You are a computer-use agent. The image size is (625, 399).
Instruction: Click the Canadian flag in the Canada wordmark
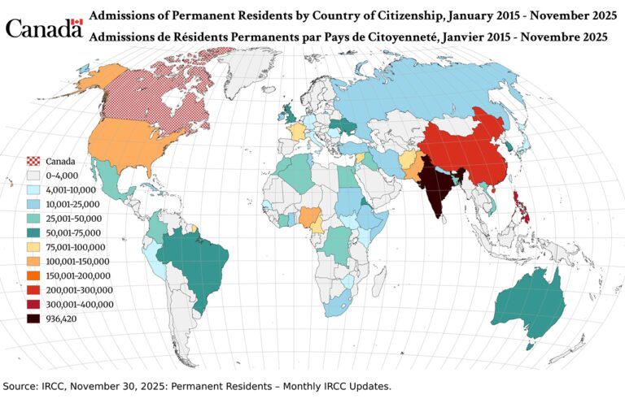[x=77, y=23]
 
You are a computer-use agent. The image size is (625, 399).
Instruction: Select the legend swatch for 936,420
[x=33, y=319]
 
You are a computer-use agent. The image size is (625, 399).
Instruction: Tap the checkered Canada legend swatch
[x=33, y=161]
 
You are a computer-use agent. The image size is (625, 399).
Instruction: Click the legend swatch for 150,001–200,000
[x=33, y=275]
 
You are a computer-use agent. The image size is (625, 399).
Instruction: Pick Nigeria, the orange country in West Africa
[x=310, y=217]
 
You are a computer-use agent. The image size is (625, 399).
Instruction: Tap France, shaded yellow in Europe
[x=298, y=131]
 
